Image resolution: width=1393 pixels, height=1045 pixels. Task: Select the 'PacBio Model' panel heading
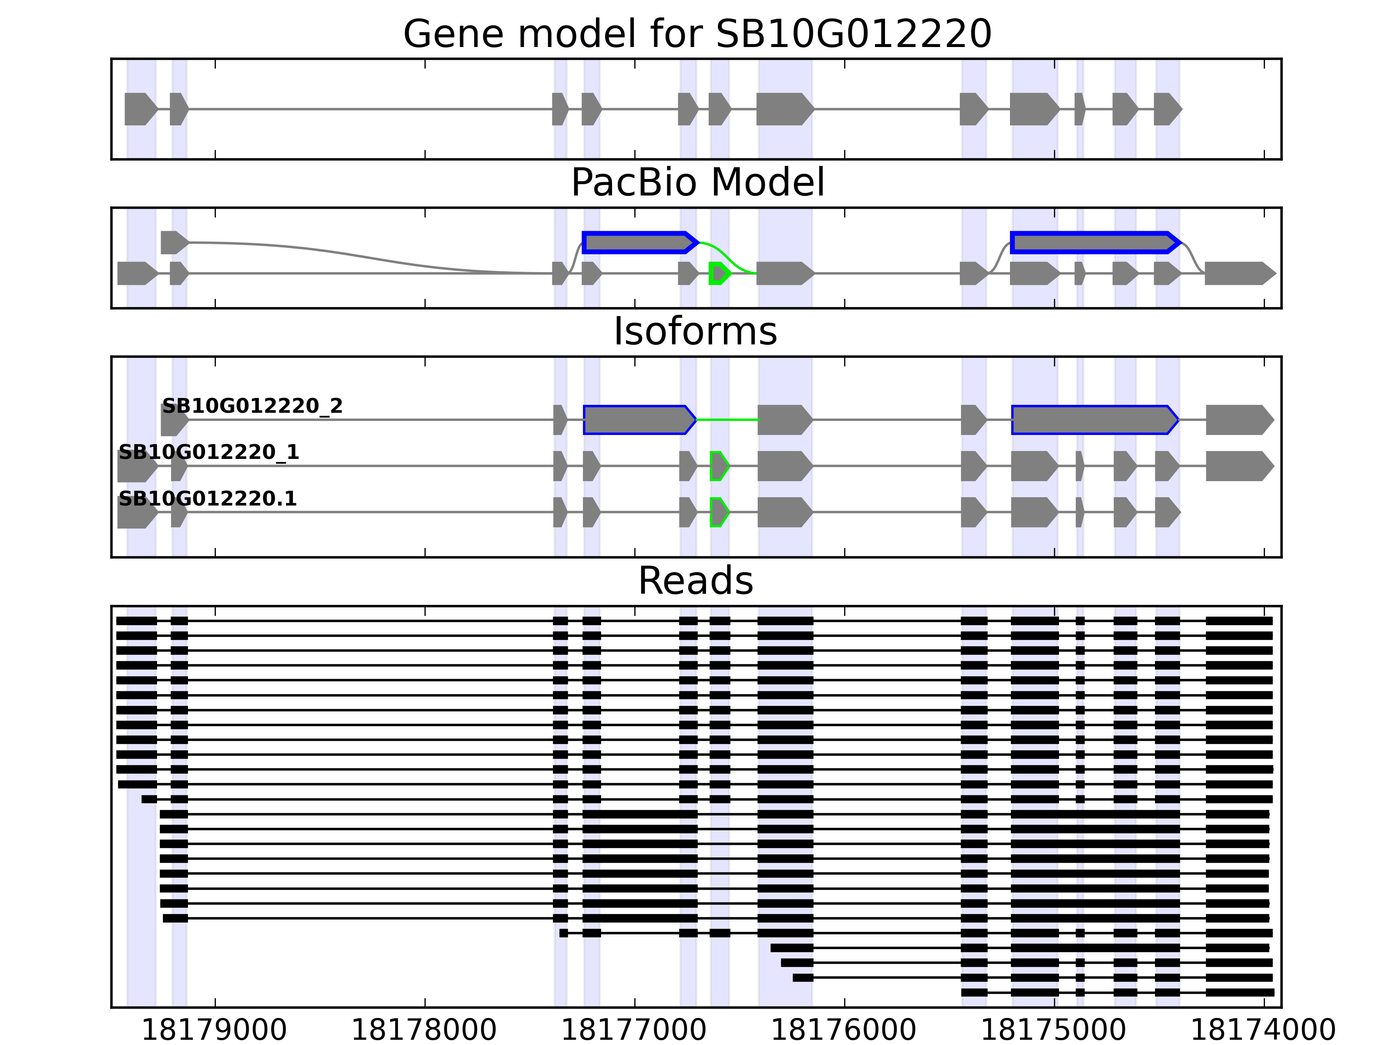pos(697,183)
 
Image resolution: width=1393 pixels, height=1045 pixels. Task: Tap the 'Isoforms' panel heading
pos(695,331)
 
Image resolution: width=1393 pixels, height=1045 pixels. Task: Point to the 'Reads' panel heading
pos(695,581)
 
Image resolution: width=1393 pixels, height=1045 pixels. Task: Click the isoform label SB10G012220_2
pos(252,406)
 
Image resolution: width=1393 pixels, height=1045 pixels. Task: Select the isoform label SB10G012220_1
pos(209,452)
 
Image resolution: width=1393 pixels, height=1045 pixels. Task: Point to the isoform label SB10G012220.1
pos(207,499)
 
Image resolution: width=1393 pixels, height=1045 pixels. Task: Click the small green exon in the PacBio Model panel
pos(719,273)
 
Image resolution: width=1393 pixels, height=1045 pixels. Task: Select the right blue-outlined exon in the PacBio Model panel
pos(1094,243)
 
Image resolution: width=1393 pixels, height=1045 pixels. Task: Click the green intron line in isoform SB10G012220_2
pos(727,419)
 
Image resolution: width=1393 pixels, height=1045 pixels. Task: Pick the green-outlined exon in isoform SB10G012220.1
pos(719,512)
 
